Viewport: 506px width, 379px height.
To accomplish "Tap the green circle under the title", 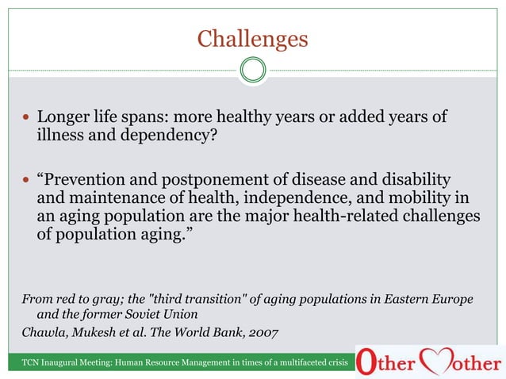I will (x=252, y=70).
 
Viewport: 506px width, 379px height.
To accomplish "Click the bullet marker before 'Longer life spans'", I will (x=25, y=118).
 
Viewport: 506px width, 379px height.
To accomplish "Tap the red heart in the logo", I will (x=436, y=361).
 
